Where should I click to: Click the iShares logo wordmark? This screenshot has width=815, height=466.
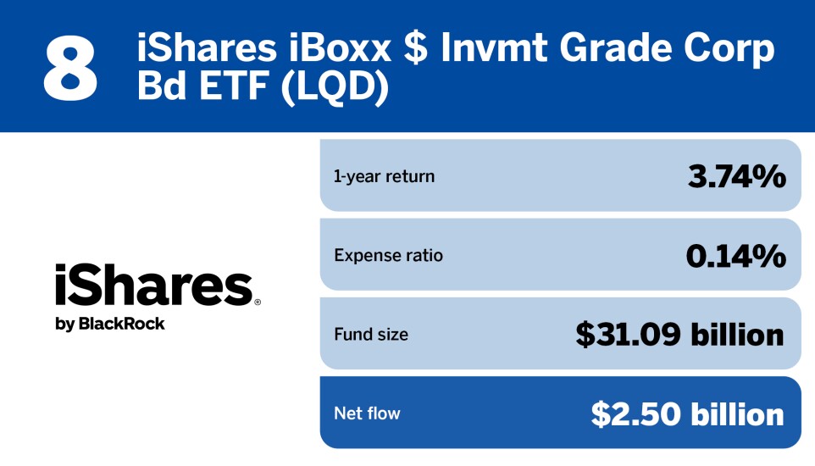point(153,285)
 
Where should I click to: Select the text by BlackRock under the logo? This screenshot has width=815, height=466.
point(109,324)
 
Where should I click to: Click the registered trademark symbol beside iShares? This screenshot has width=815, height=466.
point(257,301)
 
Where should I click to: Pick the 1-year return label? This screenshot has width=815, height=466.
point(384,176)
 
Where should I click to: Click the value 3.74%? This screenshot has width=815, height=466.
point(735,176)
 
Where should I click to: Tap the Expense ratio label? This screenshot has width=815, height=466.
point(388,255)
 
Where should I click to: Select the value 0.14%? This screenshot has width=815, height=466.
point(735,255)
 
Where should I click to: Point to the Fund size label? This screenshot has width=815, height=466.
point(371,334)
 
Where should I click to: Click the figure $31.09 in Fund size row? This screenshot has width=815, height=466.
point(627,334)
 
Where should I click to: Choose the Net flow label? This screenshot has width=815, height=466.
point(367,413)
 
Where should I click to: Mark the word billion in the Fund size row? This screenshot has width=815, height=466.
point(735,334)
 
